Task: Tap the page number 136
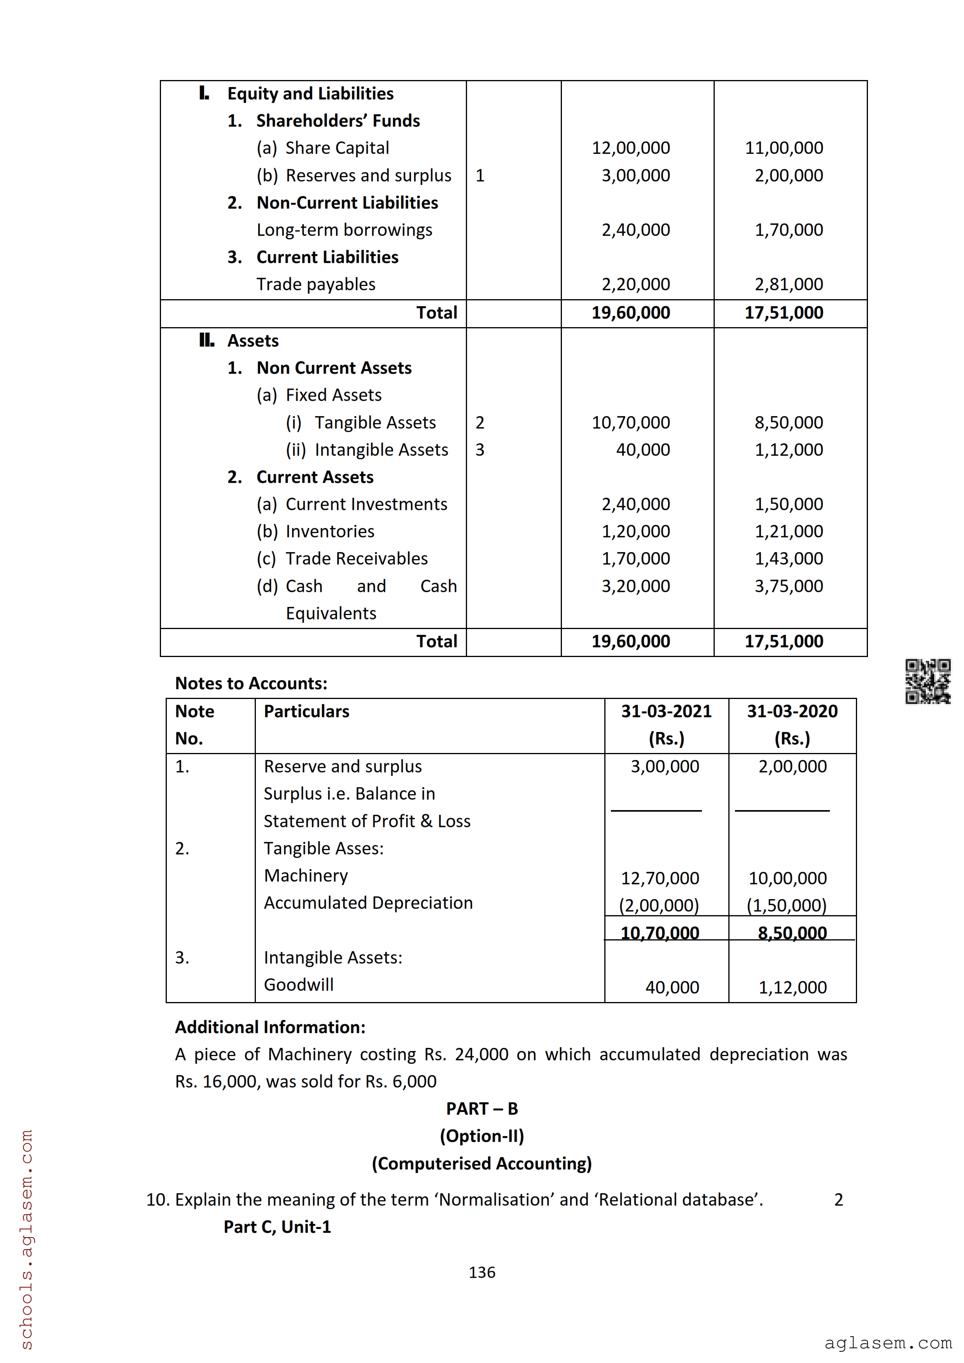click(482, 1272)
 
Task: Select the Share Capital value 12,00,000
click(630, 148)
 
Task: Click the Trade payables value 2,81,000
click(788, 284)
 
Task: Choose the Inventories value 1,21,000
click(788, 531)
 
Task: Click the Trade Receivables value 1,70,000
click(635, 559)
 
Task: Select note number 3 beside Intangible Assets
click(479, 450)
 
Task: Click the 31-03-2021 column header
click(666, 711)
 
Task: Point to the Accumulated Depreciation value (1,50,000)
click(786, 905)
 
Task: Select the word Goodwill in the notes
click(298, 985)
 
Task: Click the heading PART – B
click(482, 1109)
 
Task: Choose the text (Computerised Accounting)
click(482, 1164)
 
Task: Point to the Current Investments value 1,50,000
click(788, 504)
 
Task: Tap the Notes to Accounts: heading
click(251, 683)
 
